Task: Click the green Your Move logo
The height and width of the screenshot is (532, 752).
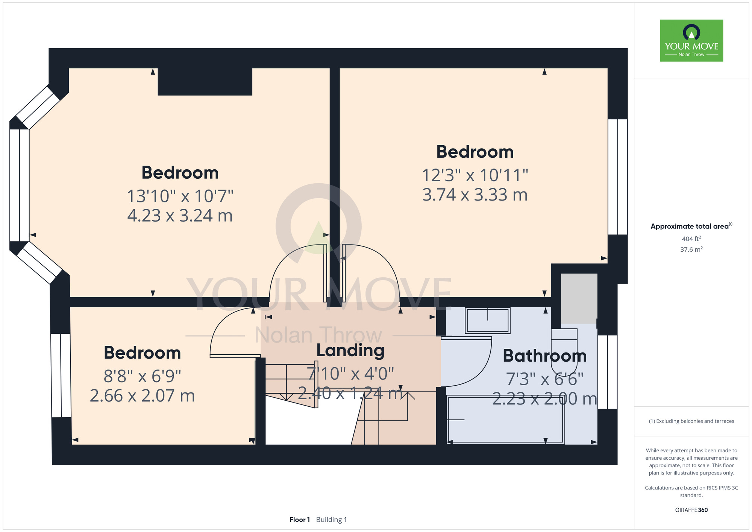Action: coord(691,41)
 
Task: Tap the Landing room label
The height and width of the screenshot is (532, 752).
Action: coord(350,350)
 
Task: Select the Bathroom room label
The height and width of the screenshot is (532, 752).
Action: coord(544,356)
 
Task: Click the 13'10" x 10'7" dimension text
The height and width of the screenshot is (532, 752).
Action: coord(180,196)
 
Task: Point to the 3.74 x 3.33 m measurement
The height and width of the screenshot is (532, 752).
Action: coord(475,195)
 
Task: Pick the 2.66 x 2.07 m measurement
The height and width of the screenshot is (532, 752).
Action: coord(143,396)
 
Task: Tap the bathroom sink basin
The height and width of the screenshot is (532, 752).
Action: coord(488,321)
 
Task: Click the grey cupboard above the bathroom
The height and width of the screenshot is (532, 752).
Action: coord(579,298)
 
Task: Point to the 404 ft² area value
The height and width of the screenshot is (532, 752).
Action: coord(691,239)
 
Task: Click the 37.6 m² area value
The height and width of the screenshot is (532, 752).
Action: coord(691,249)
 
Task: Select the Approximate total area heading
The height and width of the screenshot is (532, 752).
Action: coord(691,226)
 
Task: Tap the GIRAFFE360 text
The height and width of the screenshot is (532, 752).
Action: coord(691,510)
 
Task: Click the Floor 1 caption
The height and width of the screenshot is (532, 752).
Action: coord(300,520)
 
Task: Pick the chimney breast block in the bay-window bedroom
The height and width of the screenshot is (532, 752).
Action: coord(205,82)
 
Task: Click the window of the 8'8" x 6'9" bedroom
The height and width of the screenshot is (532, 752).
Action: coord(61,375)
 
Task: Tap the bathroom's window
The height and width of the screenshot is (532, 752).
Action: coord(607,372)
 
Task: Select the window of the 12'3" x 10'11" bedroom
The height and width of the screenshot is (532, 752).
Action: coord(617,177)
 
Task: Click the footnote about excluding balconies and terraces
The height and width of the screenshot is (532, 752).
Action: coord(691,421)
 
